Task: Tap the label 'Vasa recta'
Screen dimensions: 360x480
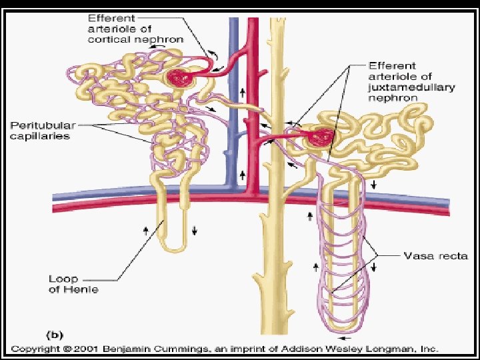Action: coord(437,255)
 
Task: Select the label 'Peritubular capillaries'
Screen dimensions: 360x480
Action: coord(40,130)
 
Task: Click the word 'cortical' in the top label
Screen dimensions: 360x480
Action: coord(112,39)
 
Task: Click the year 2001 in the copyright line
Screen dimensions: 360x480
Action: coord(93,349)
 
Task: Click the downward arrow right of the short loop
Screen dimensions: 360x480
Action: coord(195,231)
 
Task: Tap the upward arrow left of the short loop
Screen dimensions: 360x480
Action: coord(146,231)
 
